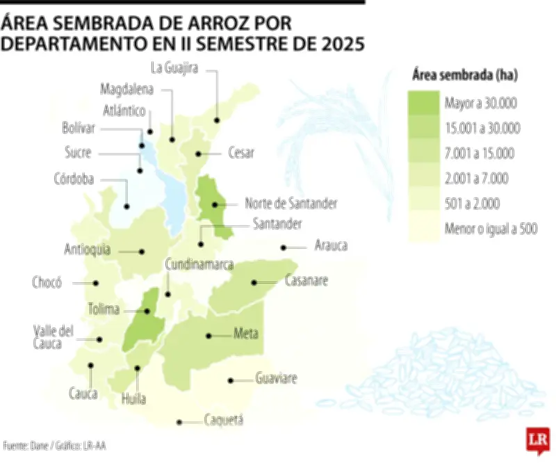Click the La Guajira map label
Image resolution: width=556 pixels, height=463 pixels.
(175, 68)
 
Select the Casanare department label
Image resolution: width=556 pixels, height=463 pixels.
(306, 282)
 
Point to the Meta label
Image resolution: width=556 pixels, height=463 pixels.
(246, 334)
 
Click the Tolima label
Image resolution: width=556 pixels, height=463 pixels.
(104, 309)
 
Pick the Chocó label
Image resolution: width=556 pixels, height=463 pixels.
(47, 282)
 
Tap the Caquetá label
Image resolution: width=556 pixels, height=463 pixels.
(224, 420)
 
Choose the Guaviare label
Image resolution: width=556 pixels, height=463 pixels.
(276, 379)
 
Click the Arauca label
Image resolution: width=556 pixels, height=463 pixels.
(331, 245)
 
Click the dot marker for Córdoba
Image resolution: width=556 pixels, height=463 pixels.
(127, 206)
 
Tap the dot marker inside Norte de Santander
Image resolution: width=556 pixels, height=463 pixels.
(215, 204)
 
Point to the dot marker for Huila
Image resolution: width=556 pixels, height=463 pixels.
(138, 369)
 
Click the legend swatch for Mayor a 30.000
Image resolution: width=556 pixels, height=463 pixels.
(422, 104)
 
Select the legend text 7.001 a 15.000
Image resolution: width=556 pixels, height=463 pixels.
(479, 154)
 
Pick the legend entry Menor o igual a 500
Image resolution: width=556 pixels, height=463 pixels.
(491, 229)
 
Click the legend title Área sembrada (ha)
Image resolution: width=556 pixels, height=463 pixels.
(464, 74)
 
